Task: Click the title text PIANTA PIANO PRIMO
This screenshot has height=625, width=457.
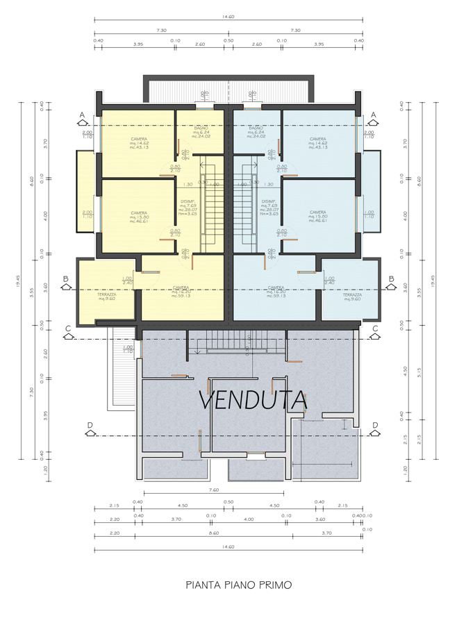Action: point(238,585)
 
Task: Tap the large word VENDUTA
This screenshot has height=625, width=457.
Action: point(253,401)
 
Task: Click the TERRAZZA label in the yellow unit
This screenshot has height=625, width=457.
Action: point(106,295)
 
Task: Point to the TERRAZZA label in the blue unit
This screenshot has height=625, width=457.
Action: point(352,295)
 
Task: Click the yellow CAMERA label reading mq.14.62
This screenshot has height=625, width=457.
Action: point(138,140)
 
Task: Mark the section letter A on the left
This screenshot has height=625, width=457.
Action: point(82,115)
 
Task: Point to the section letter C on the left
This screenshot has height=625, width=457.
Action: point(67,328)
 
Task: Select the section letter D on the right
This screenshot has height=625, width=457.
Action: point(375,425)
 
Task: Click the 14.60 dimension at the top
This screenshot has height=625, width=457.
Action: point(228,16)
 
